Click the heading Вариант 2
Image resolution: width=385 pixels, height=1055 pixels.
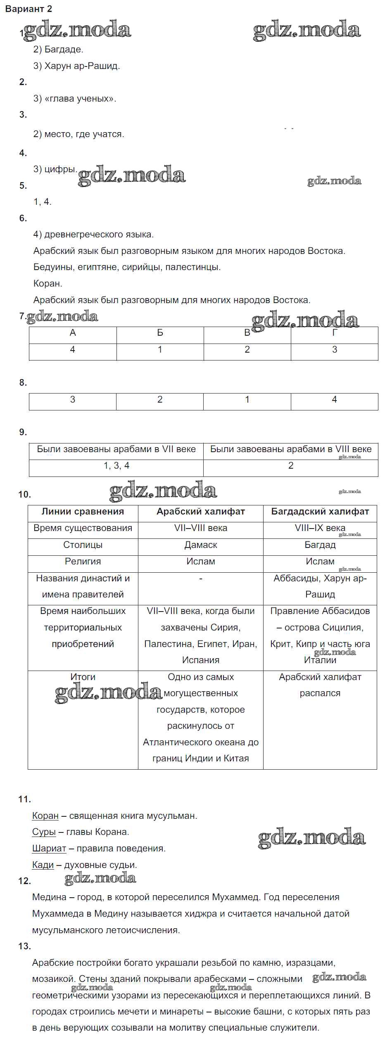[x=29, y=9]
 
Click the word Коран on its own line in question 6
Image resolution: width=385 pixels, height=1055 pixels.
[x=48, y=284]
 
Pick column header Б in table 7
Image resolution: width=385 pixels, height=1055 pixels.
[x=160, y=333]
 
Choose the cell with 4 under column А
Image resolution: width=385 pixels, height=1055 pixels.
[x=73, y=350]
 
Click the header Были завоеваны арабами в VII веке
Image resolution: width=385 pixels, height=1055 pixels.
[x=116, y=449]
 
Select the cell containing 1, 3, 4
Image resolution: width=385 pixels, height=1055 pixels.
[x=116, y=466]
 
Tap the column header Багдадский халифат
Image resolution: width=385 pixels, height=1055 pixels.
[x=320, y=512]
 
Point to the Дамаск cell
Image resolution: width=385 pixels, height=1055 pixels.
[x=200, y=545]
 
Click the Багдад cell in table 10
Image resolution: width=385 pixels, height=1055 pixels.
[x=320, y=545]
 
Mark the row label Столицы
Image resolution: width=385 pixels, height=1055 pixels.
[x=83, y=545]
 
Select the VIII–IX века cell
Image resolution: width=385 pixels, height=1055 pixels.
[x=320, y=528]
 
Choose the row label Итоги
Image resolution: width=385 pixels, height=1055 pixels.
[x=83, y=677]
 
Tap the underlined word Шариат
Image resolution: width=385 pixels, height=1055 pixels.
[x=49, y=849]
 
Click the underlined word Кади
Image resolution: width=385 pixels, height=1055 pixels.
[x=43, y=865]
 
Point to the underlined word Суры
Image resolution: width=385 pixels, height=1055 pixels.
[x=44, y=832]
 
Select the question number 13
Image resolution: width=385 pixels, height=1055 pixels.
[x=25, y=946]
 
